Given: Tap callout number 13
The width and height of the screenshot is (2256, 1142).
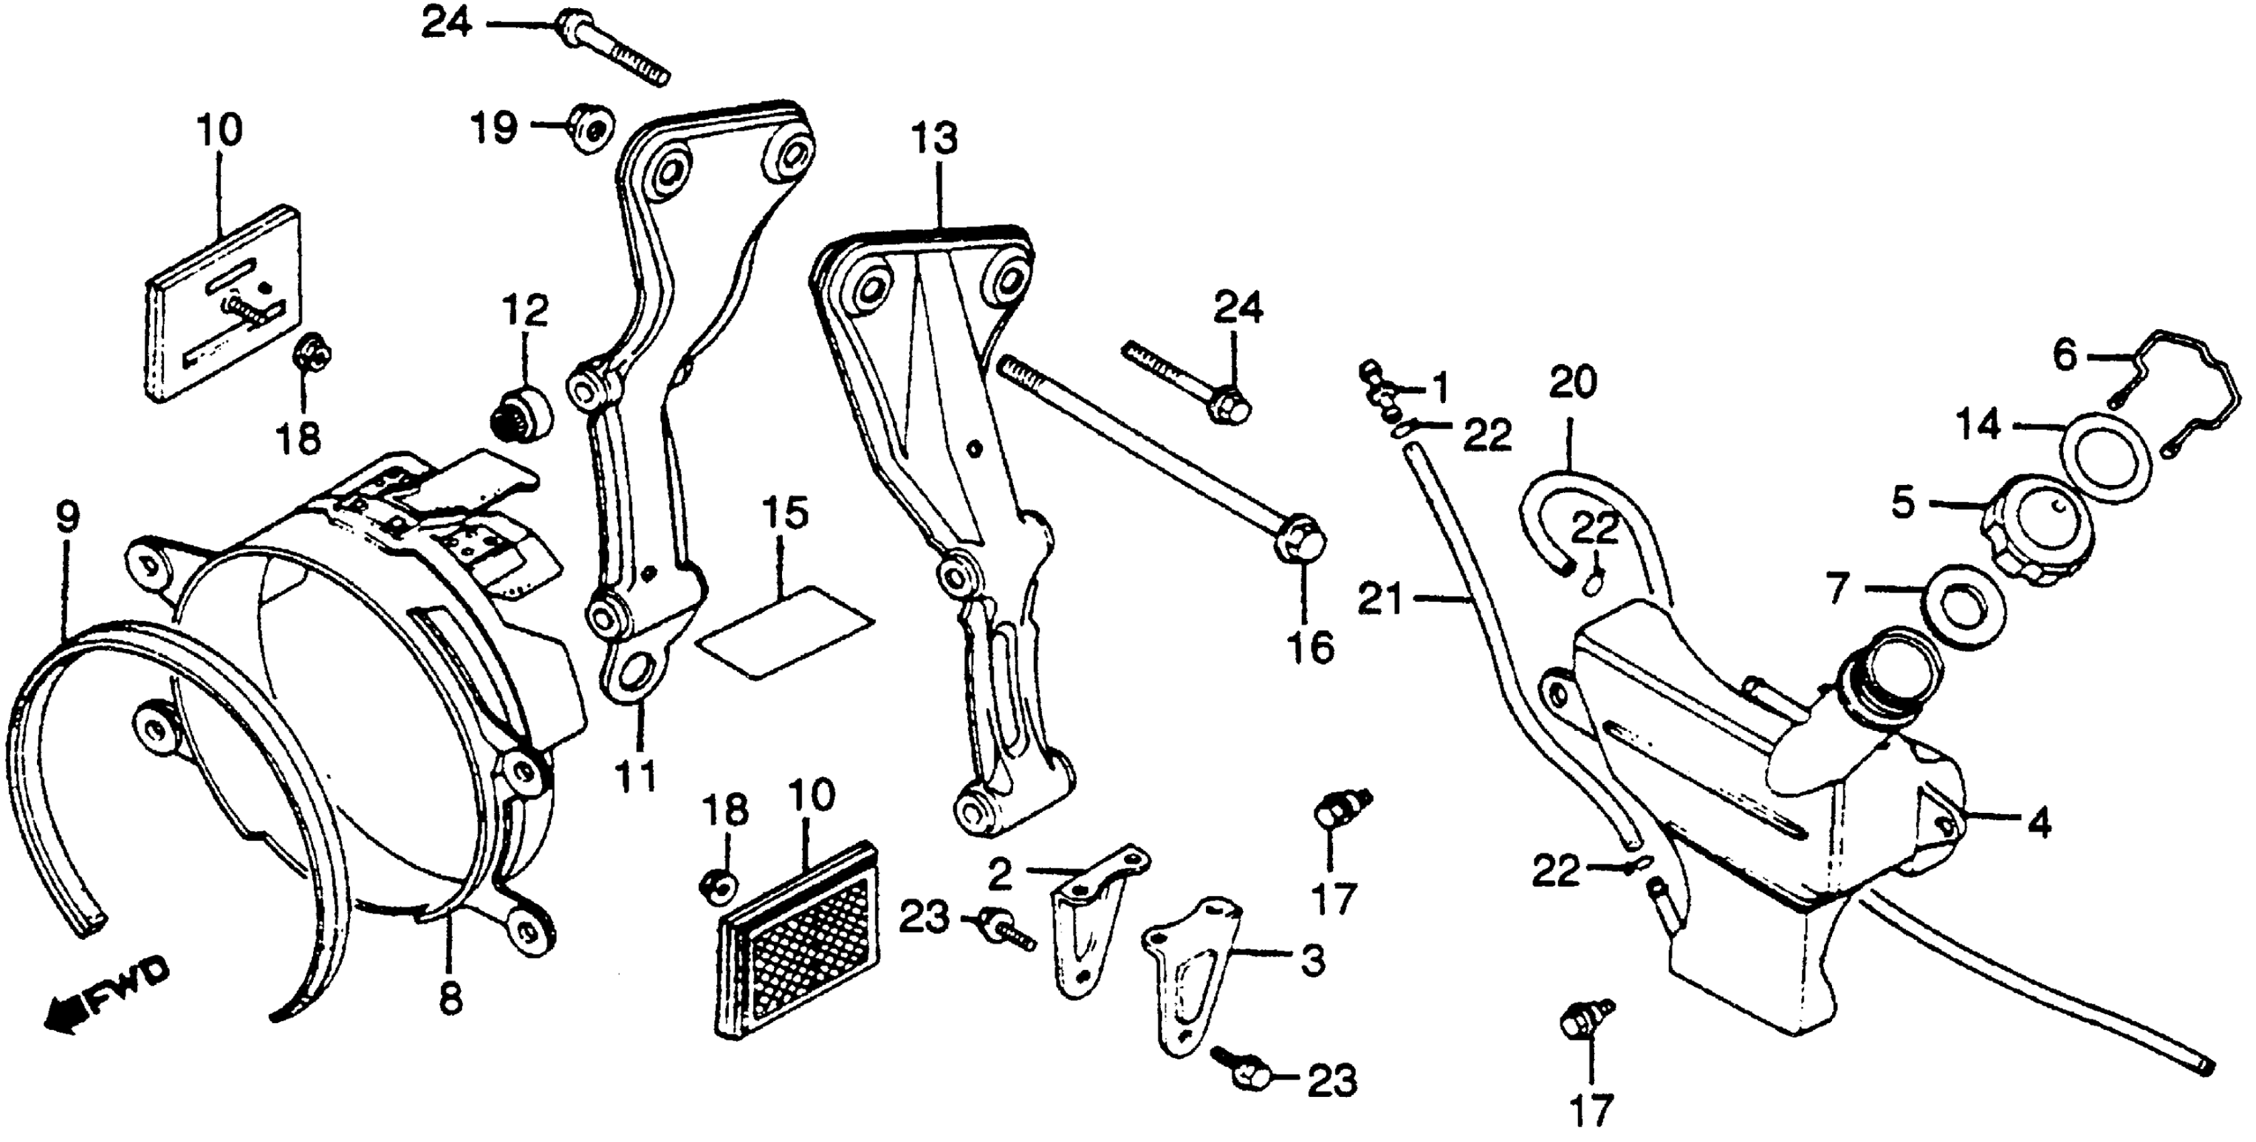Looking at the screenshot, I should [935, 140].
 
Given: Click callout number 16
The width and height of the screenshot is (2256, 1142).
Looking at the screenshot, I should [1311, 649].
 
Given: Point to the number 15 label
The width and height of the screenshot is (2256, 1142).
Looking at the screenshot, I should [785, 515].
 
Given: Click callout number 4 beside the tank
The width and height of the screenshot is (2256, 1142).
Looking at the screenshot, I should [2040, 823].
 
